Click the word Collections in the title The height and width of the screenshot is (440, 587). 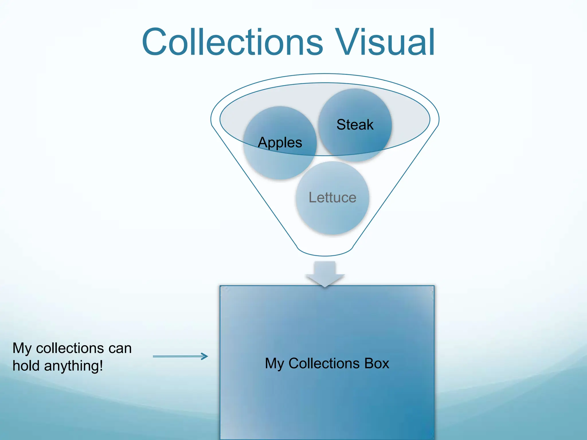(232, 42)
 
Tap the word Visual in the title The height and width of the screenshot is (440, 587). (386, 42)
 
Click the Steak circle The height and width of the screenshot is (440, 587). (355, 109)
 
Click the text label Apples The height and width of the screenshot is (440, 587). (280, 142)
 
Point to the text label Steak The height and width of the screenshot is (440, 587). (355, 125)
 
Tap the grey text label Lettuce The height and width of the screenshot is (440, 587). (332, 197)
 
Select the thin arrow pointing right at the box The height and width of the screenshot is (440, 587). (180, 356)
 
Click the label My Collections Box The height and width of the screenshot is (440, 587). (327, 363)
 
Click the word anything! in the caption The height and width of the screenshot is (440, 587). (74, 366)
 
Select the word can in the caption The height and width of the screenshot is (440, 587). (120, 348)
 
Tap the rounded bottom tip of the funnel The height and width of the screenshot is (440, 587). (325, 252)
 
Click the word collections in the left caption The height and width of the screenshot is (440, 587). (70, 348)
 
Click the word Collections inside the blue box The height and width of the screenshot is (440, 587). (324, 363)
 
